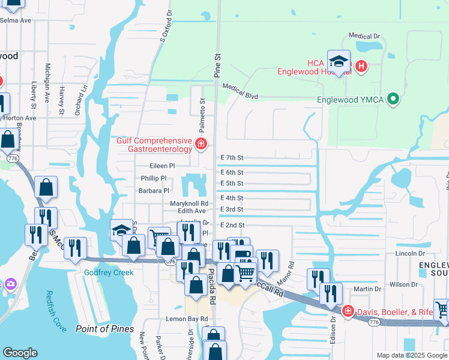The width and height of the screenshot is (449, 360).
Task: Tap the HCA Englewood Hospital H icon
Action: [361, 66]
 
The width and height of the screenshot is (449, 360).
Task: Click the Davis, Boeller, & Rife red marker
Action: [348, 311]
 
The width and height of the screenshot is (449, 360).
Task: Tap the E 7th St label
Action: [232, 158]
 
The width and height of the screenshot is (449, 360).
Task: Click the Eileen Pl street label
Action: [162, 166]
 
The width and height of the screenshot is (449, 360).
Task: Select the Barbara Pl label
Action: [154, 191]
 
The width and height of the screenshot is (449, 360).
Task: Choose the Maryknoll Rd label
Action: [188, 203]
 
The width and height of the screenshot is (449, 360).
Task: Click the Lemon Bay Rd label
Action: [187, 319]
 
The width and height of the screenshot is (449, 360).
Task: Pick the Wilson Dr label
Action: [403, 284]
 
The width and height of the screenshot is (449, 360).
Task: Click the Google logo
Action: [20, 353]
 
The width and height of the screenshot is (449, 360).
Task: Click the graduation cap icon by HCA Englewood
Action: [339, 62]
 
